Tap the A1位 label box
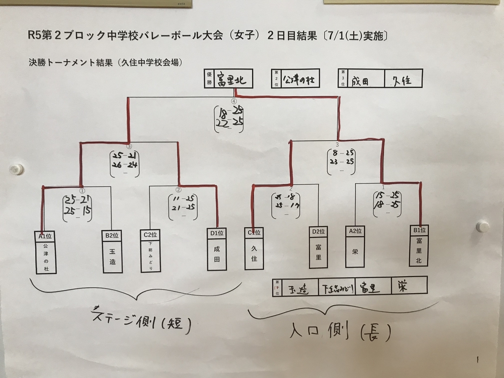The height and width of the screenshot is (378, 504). tap(45, 236)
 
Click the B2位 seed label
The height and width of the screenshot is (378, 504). tap(111, 236)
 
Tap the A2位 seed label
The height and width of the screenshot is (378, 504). tap(355, 230)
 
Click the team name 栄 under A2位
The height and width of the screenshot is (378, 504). tap(355, 251)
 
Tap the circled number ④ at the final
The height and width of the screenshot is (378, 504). tap(234, 101)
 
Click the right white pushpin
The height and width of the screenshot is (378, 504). tap(482, 227)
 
